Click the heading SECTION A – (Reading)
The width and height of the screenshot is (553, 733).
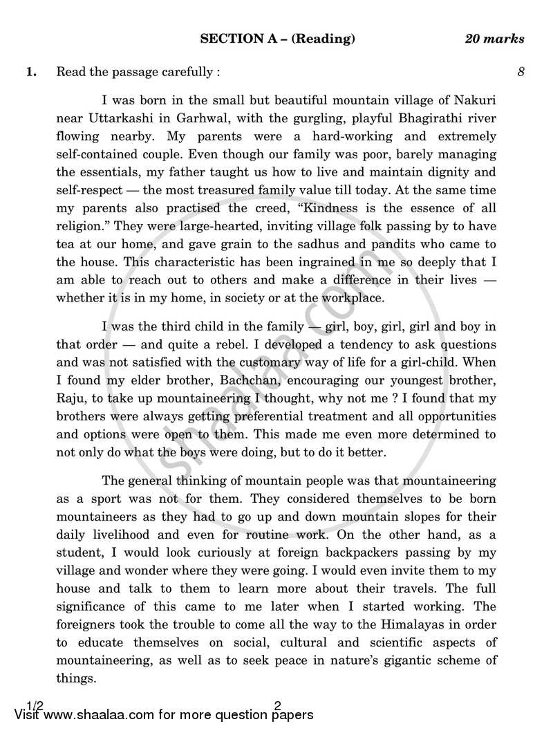click(277, 39)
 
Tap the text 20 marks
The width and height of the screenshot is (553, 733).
click(494, 39)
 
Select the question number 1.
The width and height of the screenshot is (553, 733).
click(31, 71)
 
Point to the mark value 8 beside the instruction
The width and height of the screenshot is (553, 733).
click(521, 71)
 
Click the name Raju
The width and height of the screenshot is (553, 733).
click(72, 398)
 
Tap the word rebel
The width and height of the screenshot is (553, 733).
click(135, 344)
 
